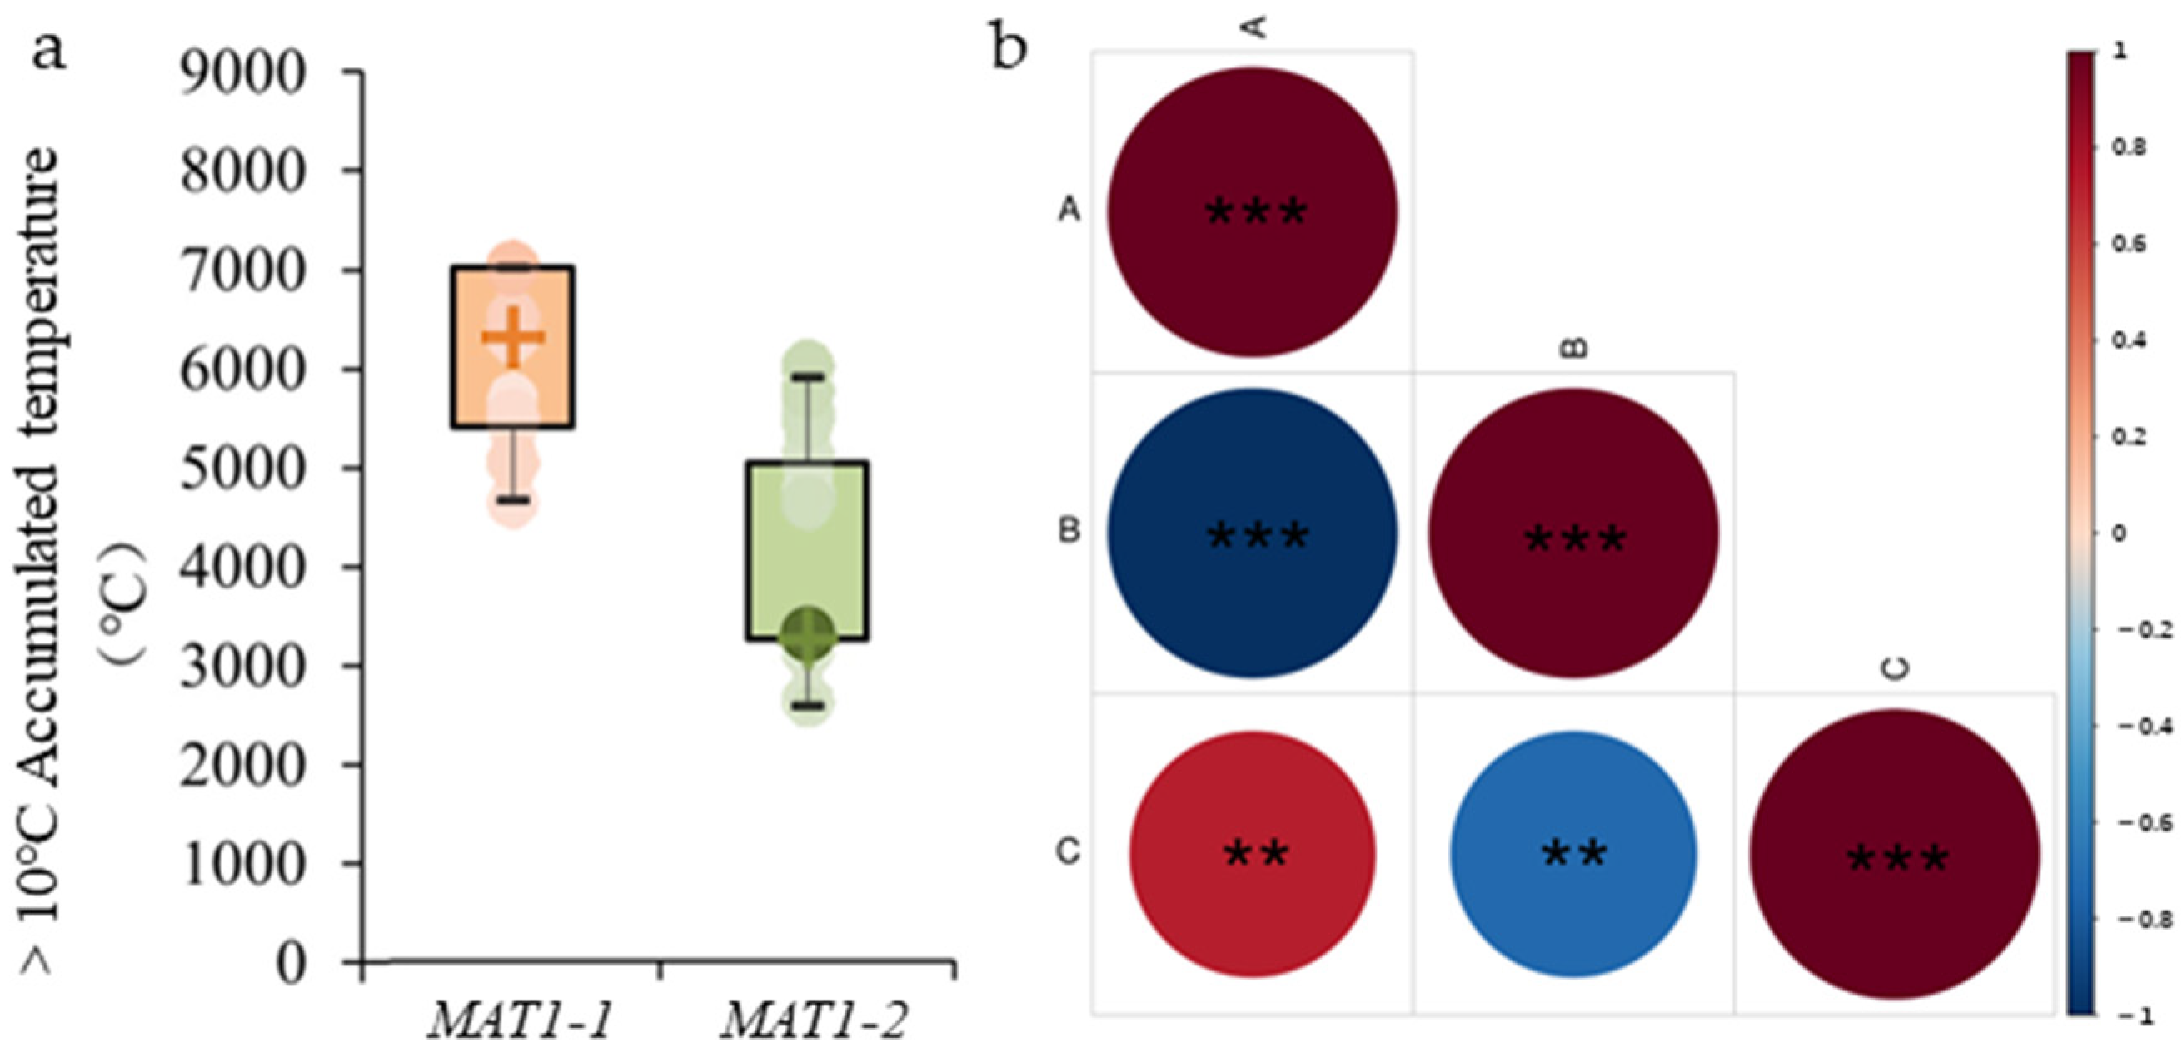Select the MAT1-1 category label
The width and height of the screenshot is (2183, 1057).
(521, 1020)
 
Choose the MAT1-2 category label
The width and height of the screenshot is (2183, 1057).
(815, 1020)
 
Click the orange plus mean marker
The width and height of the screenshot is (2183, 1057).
(513, 337)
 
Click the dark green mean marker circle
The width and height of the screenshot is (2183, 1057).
(808, 634)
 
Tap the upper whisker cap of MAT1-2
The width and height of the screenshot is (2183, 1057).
(808, 377)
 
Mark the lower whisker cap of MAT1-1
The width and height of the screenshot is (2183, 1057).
(513, 499)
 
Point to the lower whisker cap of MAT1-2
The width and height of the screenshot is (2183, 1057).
(808, 705)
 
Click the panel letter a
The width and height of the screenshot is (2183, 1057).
(48, 52)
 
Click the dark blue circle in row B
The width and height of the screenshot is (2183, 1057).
(1252, 533)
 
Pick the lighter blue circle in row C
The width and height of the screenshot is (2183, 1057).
(1572, 854)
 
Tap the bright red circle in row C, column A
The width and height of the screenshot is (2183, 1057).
(1253, 854)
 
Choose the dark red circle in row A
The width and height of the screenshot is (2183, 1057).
(1252, 211)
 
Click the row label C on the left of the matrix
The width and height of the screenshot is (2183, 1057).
(1069, 852)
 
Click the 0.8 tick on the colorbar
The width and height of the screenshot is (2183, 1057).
(2127, 147)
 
